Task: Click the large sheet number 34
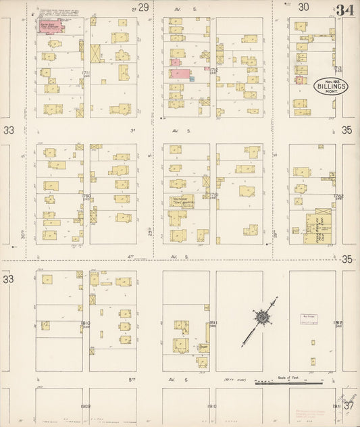[x=345, y=10]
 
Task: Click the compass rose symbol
[x=261, y=317]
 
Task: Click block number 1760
[x=86, y=196]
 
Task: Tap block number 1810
[x=86, y=324]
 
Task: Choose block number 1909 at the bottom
[x=86, y=407]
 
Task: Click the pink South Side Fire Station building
[x=49, y=26]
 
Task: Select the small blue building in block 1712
[x=192, y=79]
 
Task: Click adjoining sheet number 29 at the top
[x=143, y=7]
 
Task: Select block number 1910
[x=212, y=407]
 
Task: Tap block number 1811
[x=212, y=323]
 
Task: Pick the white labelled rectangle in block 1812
[x=309, y=318]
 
